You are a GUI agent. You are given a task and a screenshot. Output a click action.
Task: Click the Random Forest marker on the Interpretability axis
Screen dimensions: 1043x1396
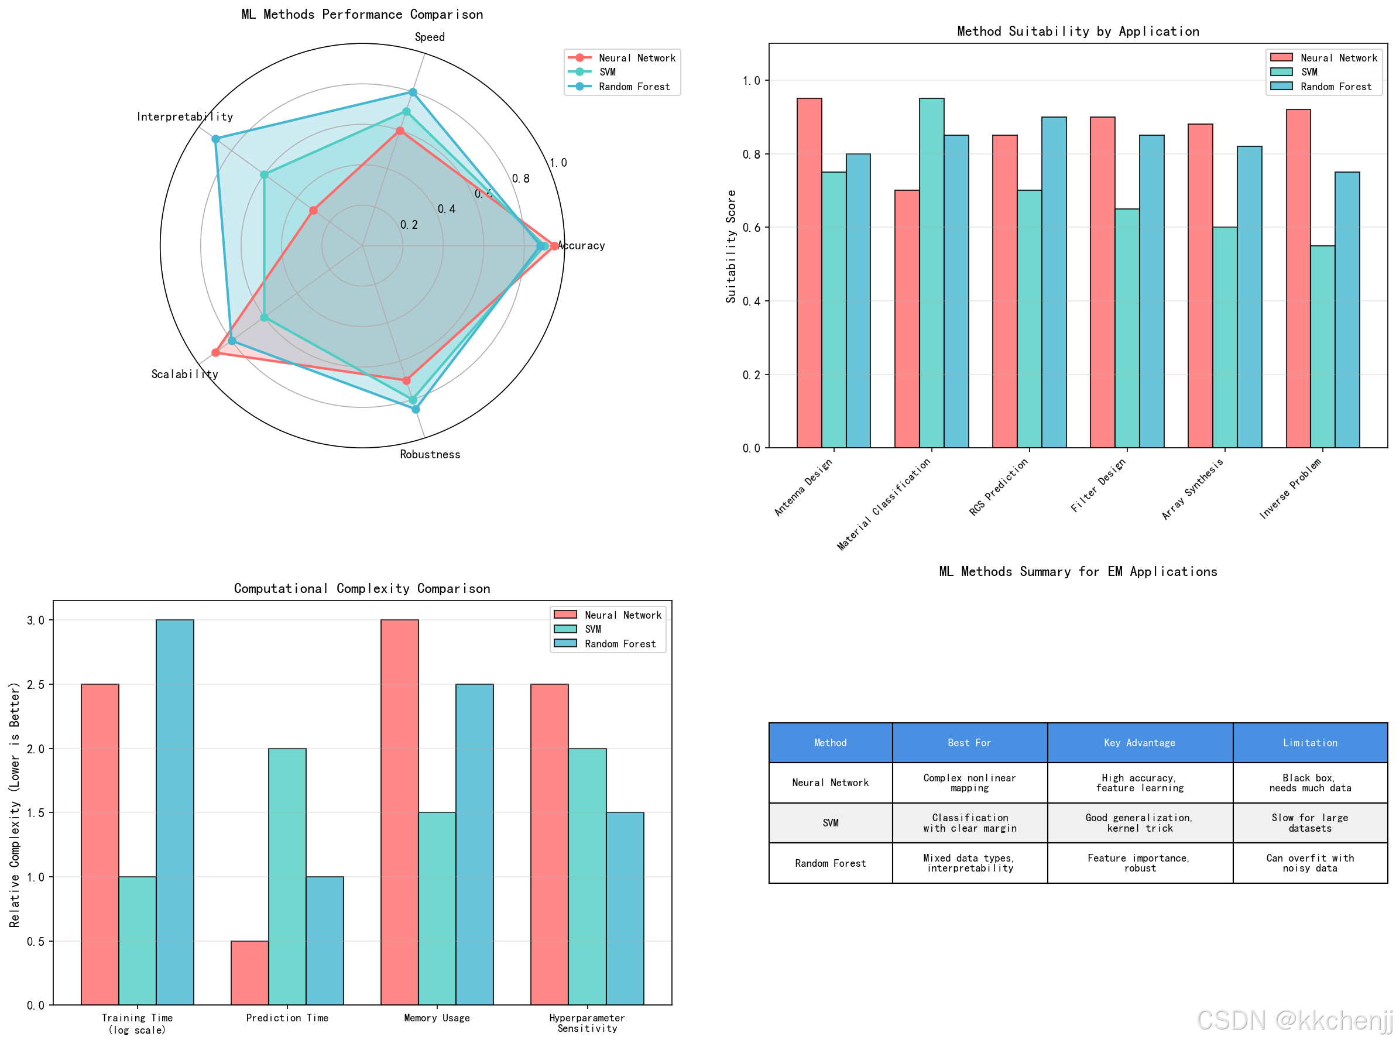pyautogui.click(x=215, y=139)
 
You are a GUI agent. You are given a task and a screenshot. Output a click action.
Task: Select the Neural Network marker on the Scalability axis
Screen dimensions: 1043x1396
pyautogui.click(x=215, y=353)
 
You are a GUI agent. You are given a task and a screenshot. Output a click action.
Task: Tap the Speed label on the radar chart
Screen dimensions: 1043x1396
pyautogui.click(x=429, y=37)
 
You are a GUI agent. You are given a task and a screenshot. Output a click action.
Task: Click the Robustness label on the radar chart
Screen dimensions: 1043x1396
pyautogui.click(x=430, y=454)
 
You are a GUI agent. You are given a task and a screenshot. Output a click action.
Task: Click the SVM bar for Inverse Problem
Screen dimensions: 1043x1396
pyautogui.click(x=1322, y=346)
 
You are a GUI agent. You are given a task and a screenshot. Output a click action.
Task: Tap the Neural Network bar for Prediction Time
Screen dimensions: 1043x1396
pyautogui.click(x=249, y=972)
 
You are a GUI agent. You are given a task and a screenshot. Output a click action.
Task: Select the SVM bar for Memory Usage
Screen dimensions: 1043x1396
pyautogui.click(x=437, y=908)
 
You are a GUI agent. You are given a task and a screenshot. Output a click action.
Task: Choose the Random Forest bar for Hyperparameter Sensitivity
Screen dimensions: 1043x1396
pyautogui.click(x=625, y=908)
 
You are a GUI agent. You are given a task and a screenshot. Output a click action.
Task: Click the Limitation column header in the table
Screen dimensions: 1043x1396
pyautogui.click(x=1309, y=743)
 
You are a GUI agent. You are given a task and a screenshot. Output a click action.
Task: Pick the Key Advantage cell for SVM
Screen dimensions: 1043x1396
pyautogui.click(x=1139, y=823)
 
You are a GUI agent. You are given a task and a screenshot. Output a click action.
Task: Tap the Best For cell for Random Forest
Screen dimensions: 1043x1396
pyautogui.click(x=969, y=863)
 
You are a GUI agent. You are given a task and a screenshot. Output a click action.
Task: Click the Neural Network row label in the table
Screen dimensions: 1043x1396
pyautogui.click(x=830, y=783)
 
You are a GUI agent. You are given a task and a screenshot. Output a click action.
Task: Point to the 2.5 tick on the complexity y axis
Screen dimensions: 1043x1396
pyautogui.click(x=36, y=685)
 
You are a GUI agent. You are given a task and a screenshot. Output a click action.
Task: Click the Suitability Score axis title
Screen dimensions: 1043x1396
pyautogui.click(x=731, y=246)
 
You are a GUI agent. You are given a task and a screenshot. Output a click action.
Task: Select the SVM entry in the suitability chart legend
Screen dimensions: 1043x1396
pyautogui.click(x=1309, y=72)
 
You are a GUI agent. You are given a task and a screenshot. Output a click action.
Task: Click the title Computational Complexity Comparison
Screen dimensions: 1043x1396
pyautogui.click(x=362, y=588)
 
